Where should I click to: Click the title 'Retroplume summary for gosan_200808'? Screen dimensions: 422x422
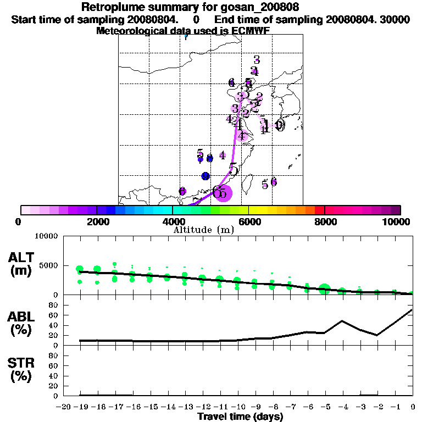(190, 7)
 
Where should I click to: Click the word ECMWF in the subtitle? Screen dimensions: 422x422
(251, 31)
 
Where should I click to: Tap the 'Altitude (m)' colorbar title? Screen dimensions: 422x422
(203, 230)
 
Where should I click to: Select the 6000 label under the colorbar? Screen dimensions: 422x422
(248, 221)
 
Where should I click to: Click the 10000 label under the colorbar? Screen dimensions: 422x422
(397, 221)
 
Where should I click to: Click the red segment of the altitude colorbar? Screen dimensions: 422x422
(320, 210)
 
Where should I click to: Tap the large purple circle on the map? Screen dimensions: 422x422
(223, 193)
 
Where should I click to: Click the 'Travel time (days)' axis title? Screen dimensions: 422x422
(240, 417)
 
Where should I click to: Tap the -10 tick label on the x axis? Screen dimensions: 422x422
(237, 407)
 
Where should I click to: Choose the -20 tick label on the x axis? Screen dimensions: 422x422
(64, 407)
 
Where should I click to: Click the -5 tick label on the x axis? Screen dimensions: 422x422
(324, 407)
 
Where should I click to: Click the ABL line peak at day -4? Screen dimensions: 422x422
(342, 321)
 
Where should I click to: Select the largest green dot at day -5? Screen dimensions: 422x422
(324, 290)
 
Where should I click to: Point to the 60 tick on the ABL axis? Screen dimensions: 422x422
(55, 315)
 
